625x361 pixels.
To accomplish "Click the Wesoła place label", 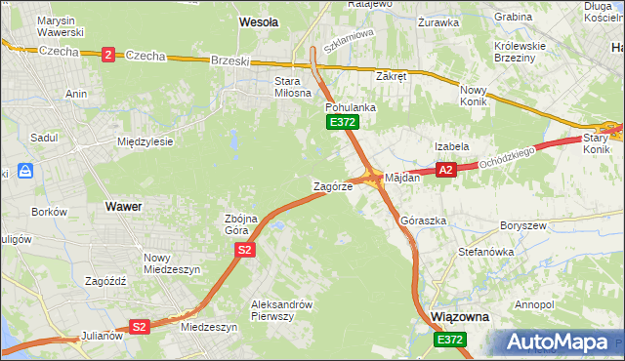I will pyautogui.click(x=259, y=20).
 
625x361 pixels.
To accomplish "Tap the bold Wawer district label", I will pyautogui.click(x=122, y=207).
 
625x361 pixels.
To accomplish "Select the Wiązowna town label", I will pyautogui.click(x=459, y=318).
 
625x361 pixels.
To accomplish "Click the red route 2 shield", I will pyautogui.click(x=106, y=55).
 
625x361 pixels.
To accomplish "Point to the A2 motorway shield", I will pyautogui.click(x=445, y=170).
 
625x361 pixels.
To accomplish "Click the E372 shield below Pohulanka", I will pyautogui.click(x=343, y=122).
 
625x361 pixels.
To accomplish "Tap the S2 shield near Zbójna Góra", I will pyautogui.click(x=244, y=251).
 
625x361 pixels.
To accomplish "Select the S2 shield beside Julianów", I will pyautogui.click(x=140, y=327).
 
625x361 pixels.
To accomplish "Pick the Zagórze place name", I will pyautogui.click(x=331, y=185).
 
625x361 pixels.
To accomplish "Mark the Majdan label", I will pyautogui.click(x=401, y=179).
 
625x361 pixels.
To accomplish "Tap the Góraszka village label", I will pyautogui.click(x=423, y=221).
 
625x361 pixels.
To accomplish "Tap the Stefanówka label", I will pyautogui.click(x=485, y=252).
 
